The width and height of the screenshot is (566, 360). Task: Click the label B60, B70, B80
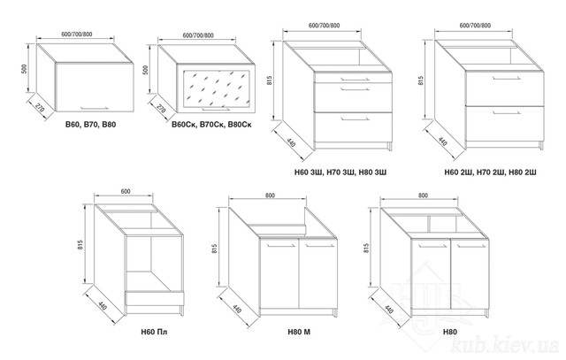click(x=90, y=125)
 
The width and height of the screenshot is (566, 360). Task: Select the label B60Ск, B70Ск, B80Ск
click(x=212, y=125)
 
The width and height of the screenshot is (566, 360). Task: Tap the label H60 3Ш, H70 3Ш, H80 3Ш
click(x=340, y=172)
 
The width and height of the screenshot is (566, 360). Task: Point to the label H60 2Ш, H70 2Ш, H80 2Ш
click(x=490, y=172)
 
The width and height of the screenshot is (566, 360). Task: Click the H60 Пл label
click(x=154, y=332)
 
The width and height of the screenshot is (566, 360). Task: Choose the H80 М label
click(x=299, y=332)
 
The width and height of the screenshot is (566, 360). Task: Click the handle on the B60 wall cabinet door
click(x=95, y=107)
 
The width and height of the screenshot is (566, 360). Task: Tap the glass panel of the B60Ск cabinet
click(x=216, y=88)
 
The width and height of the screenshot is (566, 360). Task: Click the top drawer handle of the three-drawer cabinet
click(x=355, y=79)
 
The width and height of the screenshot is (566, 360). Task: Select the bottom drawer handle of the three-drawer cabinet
click(x=355, y=118)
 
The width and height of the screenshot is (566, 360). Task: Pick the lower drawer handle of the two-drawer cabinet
click(x=507, y=112)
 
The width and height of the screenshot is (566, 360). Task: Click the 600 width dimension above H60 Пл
click(x=126, y=191)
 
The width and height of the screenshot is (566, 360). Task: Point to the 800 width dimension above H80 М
click(x=270, y=195)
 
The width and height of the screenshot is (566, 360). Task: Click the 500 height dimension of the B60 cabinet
click(x=24, y=69)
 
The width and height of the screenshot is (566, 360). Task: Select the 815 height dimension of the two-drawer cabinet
click(x=421, y=80)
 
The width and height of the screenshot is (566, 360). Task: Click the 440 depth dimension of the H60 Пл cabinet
click(x=103, y=305)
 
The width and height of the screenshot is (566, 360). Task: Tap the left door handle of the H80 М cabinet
click(x=281, y=246)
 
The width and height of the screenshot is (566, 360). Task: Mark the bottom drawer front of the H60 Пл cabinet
click(x=155, y=297)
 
